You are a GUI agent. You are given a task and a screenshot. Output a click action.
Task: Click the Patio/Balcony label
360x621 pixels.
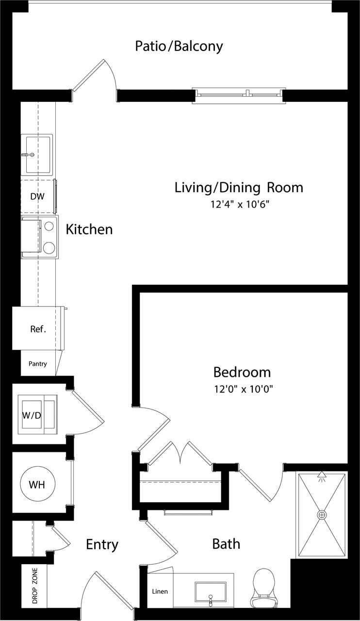[179, 47]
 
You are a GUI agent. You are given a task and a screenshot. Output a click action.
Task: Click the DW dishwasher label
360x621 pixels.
[37, 196]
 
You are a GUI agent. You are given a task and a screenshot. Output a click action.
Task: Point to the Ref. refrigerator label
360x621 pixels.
[38, 329]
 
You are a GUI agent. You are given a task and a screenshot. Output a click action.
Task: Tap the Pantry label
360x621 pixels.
[37, 363]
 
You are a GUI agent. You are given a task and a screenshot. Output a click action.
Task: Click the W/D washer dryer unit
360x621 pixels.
[37, 414]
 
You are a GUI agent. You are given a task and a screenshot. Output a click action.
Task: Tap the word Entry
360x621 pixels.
[102, 544]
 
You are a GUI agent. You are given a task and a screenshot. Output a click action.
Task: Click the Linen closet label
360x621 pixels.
[160, 591]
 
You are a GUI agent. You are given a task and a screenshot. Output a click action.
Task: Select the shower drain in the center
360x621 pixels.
[322, 514]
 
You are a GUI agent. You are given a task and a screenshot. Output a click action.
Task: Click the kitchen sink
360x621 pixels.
[38, 154]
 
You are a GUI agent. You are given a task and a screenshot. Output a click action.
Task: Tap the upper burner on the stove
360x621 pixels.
[49, 226]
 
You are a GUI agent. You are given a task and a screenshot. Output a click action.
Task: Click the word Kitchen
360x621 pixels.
[89, 229]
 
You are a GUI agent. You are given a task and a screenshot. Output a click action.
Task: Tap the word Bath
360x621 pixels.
[226, 544]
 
